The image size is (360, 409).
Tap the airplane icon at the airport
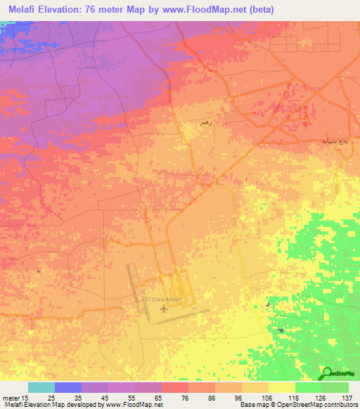click(164, 308)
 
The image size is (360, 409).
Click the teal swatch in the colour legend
click(41, 387)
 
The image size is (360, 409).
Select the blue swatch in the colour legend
click(68, 387)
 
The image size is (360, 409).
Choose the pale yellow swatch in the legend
click(282, 387)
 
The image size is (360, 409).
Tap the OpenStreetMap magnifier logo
click(325, 373)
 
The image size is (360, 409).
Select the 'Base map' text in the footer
click(253, 405)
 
